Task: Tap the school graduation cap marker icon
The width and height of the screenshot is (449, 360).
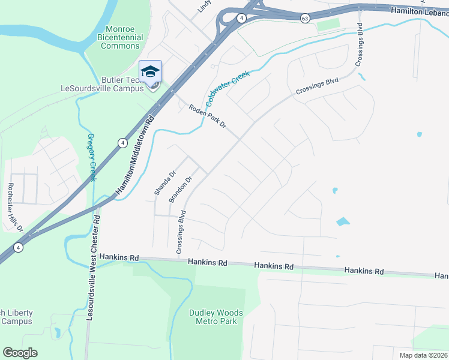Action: tap(150, 73)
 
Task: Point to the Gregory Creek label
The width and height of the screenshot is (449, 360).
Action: tap(92, 157)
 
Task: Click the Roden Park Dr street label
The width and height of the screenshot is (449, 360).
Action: tap(207, 116)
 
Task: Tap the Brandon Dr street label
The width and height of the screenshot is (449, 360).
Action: tap(181, 188)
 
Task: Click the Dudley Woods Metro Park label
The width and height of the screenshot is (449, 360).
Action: tap(216, 317)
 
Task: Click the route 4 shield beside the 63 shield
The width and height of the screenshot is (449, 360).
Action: tap(241, 18)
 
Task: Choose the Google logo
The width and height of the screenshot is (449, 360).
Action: tap(20, 352)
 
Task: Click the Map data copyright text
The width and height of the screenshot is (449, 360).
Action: tap(423, 355)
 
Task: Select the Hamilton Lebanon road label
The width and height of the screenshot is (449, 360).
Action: tap(419, 11)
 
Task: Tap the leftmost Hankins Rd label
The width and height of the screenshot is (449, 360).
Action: tap(119, 257)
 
